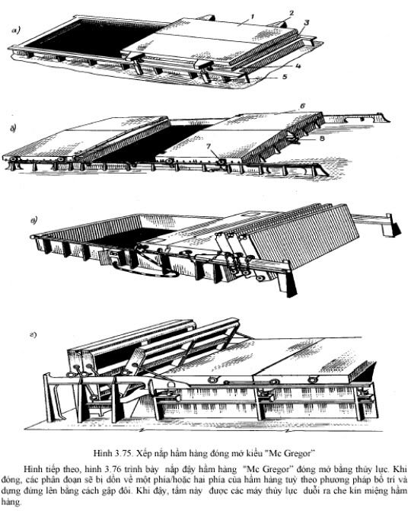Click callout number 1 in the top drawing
[x=253, y=16]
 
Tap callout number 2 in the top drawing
[x=292, y=13]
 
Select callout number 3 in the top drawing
[x=307, y=23]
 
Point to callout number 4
[x=298, y=65]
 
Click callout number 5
[x=285, y=77]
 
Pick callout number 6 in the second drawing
[x=303, y=106]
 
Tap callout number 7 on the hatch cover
[x=208, y=147]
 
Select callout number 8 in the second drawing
[x=322, y=138]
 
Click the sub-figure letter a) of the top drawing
[x=15, y=30]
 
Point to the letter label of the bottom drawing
[x=33, y=334]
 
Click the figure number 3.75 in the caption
[x=123, y=453]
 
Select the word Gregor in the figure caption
[x=298, y=453]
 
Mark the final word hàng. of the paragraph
[x=11, y=502]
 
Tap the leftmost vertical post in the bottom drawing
[x=51, y=398]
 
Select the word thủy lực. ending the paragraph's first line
[x=375, y=470]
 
